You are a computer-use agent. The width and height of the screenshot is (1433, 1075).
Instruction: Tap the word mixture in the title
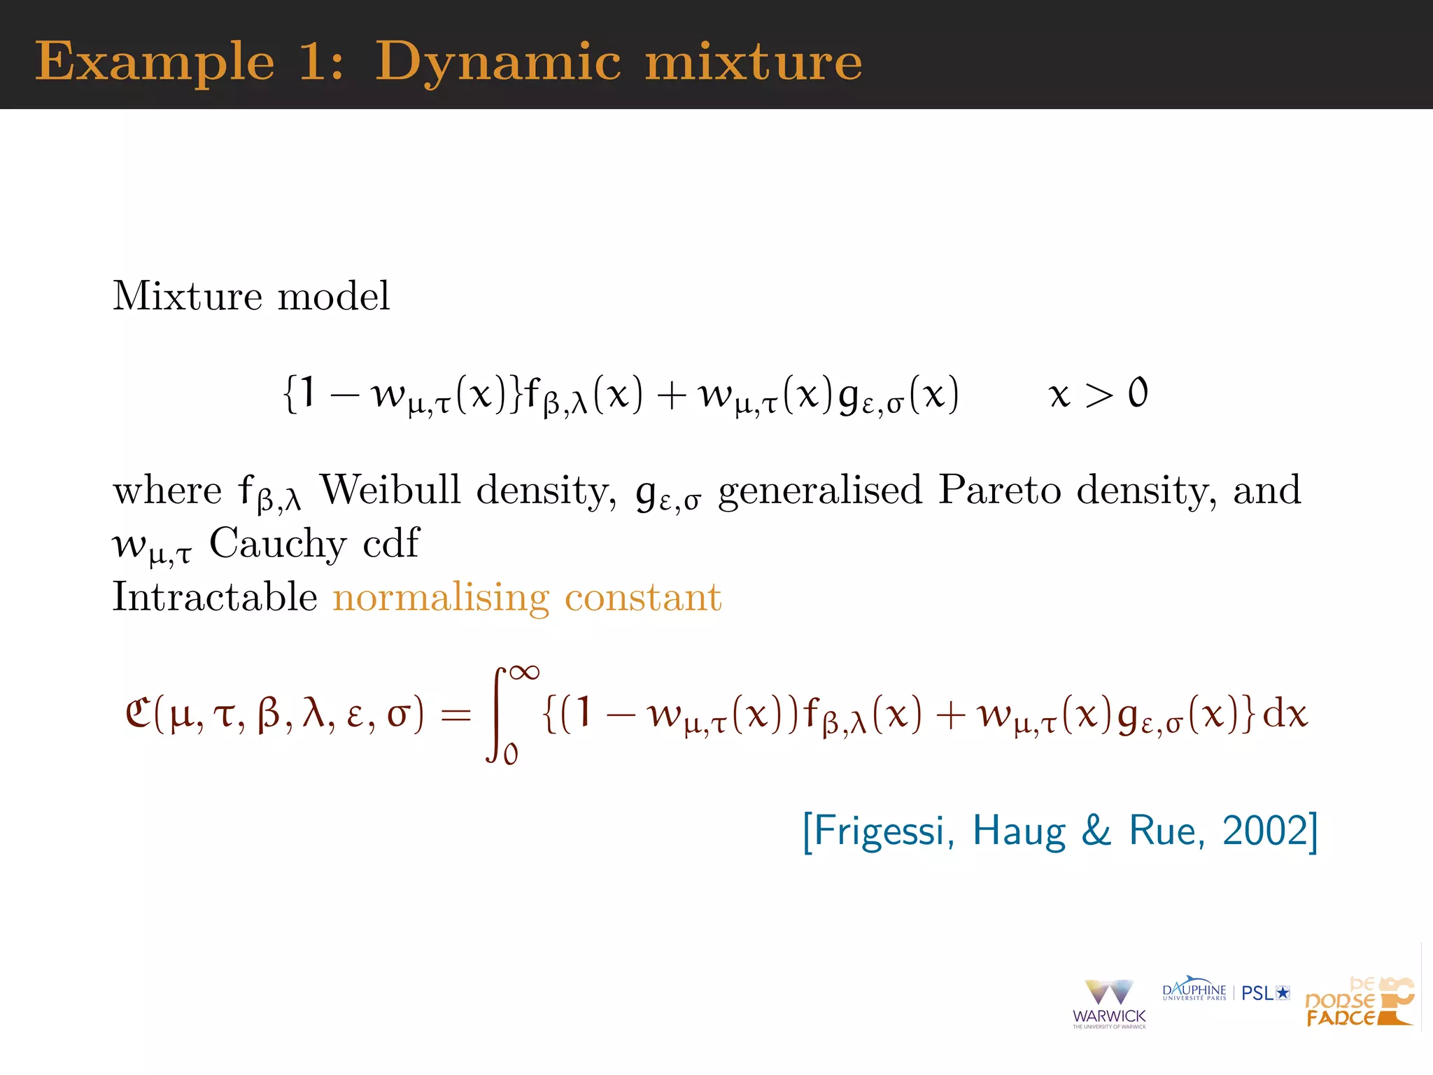point(754,62)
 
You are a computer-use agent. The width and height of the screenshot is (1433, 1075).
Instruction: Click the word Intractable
point(215,597)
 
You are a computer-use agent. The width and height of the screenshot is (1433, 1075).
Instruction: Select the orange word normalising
point(441,598)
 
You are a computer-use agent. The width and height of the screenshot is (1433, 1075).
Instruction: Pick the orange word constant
point(642,597)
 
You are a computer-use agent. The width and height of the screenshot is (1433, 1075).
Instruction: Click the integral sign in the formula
point(497,714)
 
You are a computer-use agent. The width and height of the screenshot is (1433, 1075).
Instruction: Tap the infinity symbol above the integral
point(524,673)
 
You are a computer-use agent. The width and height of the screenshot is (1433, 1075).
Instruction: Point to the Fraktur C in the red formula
point(137,714)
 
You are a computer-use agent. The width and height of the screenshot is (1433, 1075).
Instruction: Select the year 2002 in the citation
point(1265,831)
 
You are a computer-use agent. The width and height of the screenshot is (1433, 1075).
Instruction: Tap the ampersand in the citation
point(1096,831)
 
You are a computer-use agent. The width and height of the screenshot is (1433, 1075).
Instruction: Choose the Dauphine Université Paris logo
point(1194,990)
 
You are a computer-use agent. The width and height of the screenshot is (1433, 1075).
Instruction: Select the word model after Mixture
point(334,296)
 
